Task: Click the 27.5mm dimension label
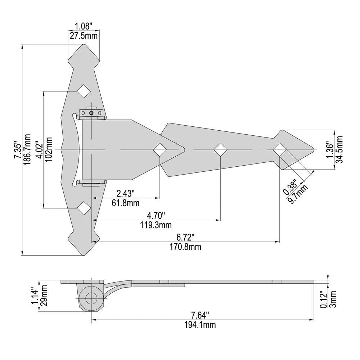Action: click(x=84, y=36)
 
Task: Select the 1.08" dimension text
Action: click(x=84, y=26)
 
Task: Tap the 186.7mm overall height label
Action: click(x=27, y=149)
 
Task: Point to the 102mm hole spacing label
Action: click(x=49, y=149)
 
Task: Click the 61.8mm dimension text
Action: click(x=126, y=203)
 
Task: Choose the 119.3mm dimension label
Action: click(x=156, y=225)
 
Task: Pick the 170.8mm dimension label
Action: click(x=185, y=247)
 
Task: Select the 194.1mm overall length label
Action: click(x=200, y=325)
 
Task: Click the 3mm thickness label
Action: click(x=333, y=299)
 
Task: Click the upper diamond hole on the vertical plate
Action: click(x=84, y=91)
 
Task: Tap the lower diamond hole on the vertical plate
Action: click(x=84, y=208)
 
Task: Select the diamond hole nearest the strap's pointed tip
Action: click(x=280, y=150)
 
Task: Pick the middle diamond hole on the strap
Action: click(x=220, y=150)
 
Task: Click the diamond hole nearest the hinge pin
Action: click(x=160, y=150)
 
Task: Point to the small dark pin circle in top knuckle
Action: click(x=91, y=113)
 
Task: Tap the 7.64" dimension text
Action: click(x=200, y=315)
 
